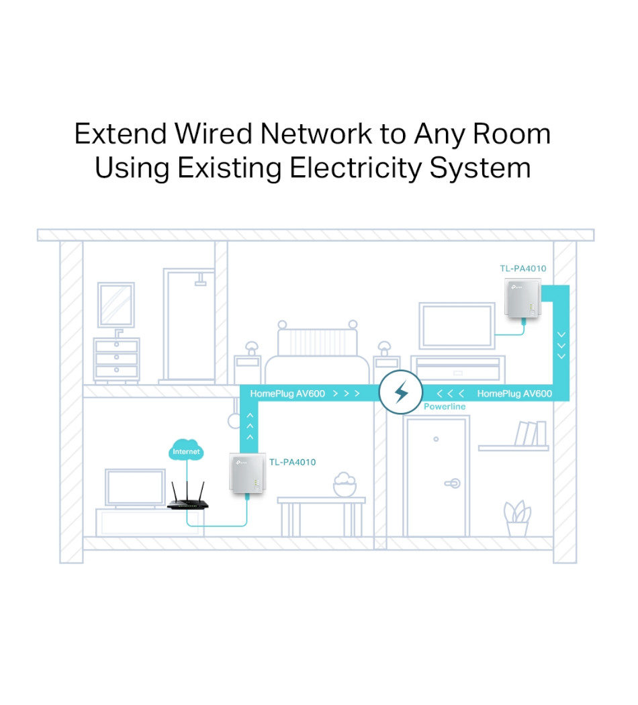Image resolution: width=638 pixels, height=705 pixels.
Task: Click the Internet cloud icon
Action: pos(186,451)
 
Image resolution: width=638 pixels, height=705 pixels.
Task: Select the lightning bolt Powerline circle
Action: pos(401,393)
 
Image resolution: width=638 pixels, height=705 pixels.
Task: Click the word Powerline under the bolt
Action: pos(444,407)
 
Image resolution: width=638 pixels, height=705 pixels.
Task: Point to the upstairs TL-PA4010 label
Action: pos(522,269)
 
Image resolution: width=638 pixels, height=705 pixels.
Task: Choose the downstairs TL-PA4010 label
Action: pos(292,462)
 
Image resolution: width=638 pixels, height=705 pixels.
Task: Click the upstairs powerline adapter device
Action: pos(522,299)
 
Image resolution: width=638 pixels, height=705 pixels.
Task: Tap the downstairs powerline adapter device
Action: pos(246,473)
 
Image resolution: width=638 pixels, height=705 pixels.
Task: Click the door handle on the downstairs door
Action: pos(453,483)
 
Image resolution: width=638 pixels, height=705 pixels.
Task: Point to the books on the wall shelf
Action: pos(531,434)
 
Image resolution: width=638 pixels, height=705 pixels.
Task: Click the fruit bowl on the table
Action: pos(345,484)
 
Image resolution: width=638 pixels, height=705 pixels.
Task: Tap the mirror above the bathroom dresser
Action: pos(116,304)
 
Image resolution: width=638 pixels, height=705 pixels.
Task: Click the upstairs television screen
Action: pos(457,326)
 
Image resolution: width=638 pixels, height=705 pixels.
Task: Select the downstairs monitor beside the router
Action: pos(136,488)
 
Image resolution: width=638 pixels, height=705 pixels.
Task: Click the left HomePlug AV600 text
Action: pos(287,393)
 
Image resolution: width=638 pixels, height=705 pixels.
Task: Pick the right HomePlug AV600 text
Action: pos(514,393)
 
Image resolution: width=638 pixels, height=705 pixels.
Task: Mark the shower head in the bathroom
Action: pos(200,281)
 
